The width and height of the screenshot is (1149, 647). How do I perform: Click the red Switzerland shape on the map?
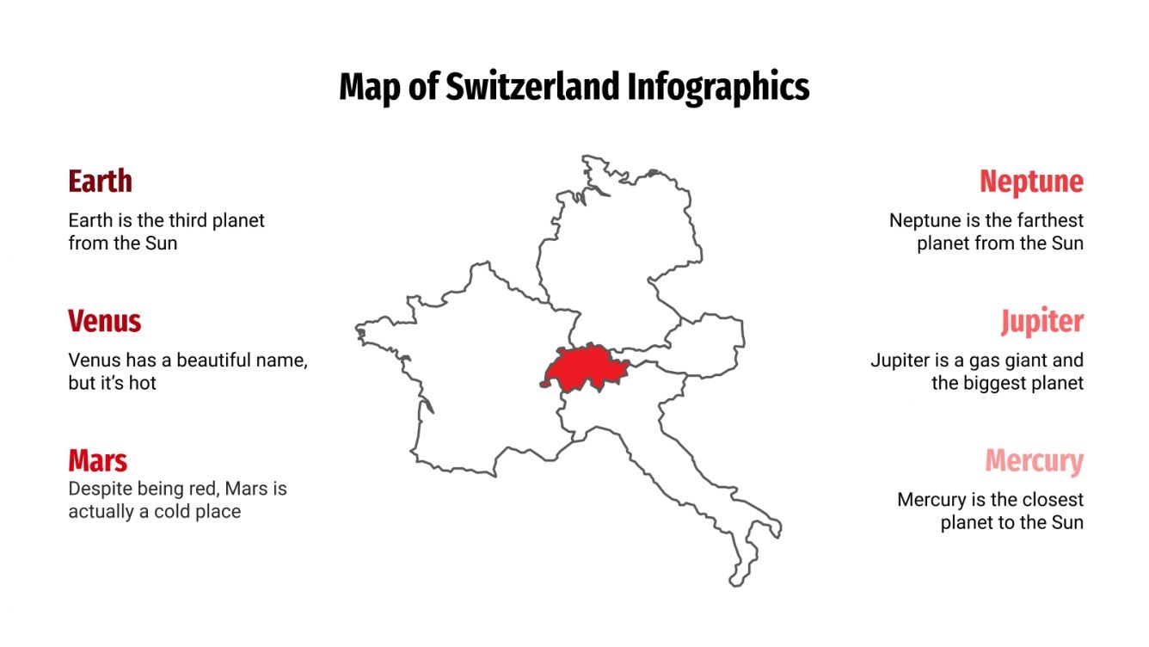[585, 368]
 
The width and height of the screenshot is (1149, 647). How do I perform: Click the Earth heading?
[100, 182]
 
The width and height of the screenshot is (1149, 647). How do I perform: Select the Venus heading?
[104, 321]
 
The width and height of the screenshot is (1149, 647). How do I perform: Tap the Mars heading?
[98, 460]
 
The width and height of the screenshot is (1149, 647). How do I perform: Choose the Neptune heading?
[1031, 182]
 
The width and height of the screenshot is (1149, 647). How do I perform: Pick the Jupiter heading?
[1041, 321]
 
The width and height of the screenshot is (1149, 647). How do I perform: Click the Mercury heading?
[1034, 460]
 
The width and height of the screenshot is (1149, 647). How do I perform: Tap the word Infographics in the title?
[718, 87]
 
